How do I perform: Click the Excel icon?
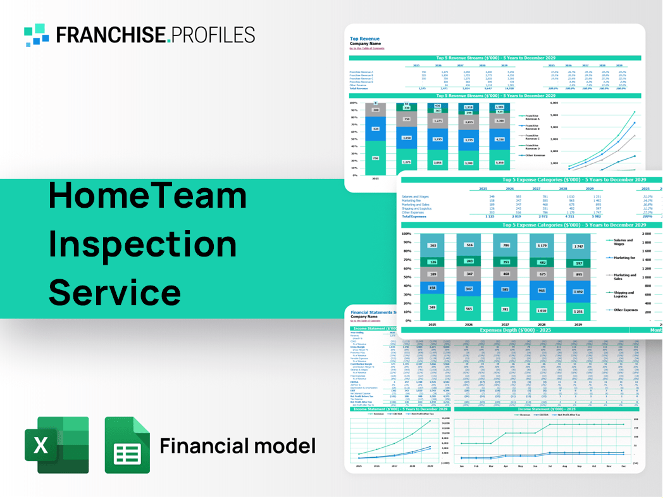click(x=56, y=445)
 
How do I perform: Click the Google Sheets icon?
click(x=127, y=445)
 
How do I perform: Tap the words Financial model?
click(x=237, y=446)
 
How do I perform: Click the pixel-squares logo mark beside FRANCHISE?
click(x=37, y=35)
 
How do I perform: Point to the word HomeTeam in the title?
click(x=147, y=196)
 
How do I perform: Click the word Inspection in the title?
click(x=142, y=244)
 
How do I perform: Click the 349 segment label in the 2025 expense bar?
click(x=431, y=307)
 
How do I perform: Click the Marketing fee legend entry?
click(x=624, y=258)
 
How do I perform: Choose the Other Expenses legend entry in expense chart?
click(x=624, y=310)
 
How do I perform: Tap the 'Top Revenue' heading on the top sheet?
click(x=363, y=39)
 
